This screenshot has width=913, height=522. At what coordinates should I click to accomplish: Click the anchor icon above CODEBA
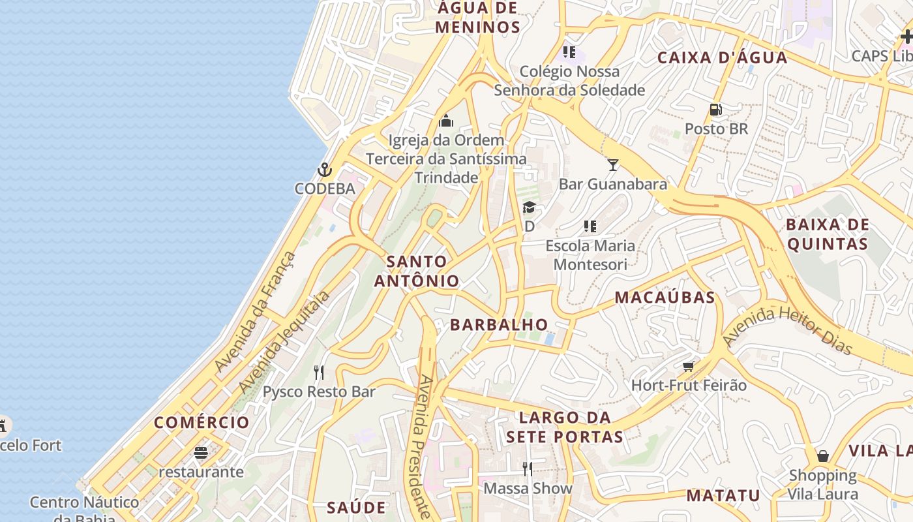pos(324,170)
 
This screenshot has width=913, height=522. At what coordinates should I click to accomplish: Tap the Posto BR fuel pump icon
pos(716,110)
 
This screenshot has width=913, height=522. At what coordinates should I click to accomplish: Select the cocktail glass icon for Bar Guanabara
pos(612,164)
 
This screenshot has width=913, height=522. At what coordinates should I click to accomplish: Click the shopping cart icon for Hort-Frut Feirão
pos(688,366)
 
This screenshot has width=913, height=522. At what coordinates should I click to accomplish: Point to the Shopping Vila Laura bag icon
pos(823,455)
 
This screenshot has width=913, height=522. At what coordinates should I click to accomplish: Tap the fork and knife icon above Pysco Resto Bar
pos(319,373)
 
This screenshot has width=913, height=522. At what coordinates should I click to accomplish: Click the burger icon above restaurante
pos(201,452)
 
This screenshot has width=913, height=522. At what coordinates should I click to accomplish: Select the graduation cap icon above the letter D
pos(529,207)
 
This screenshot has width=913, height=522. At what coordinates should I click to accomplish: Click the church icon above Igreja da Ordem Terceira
pos(446,121)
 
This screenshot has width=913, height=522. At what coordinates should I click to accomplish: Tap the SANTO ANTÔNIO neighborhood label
pos(417,271)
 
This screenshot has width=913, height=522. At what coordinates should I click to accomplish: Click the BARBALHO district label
pos(500,324)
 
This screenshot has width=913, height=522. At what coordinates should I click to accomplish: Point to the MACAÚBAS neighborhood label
pos(665,298)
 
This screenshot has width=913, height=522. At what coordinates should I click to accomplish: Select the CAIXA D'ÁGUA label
pos(722,57)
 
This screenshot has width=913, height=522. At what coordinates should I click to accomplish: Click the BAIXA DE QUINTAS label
pos(827,234)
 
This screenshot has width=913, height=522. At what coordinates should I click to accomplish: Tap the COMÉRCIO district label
pos(202,422)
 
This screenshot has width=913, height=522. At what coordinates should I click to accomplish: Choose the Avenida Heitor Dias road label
pos(788,331)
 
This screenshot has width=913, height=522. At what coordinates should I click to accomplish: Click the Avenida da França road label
pos(255,313)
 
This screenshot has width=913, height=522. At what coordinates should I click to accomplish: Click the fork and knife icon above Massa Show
pos(528,468)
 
